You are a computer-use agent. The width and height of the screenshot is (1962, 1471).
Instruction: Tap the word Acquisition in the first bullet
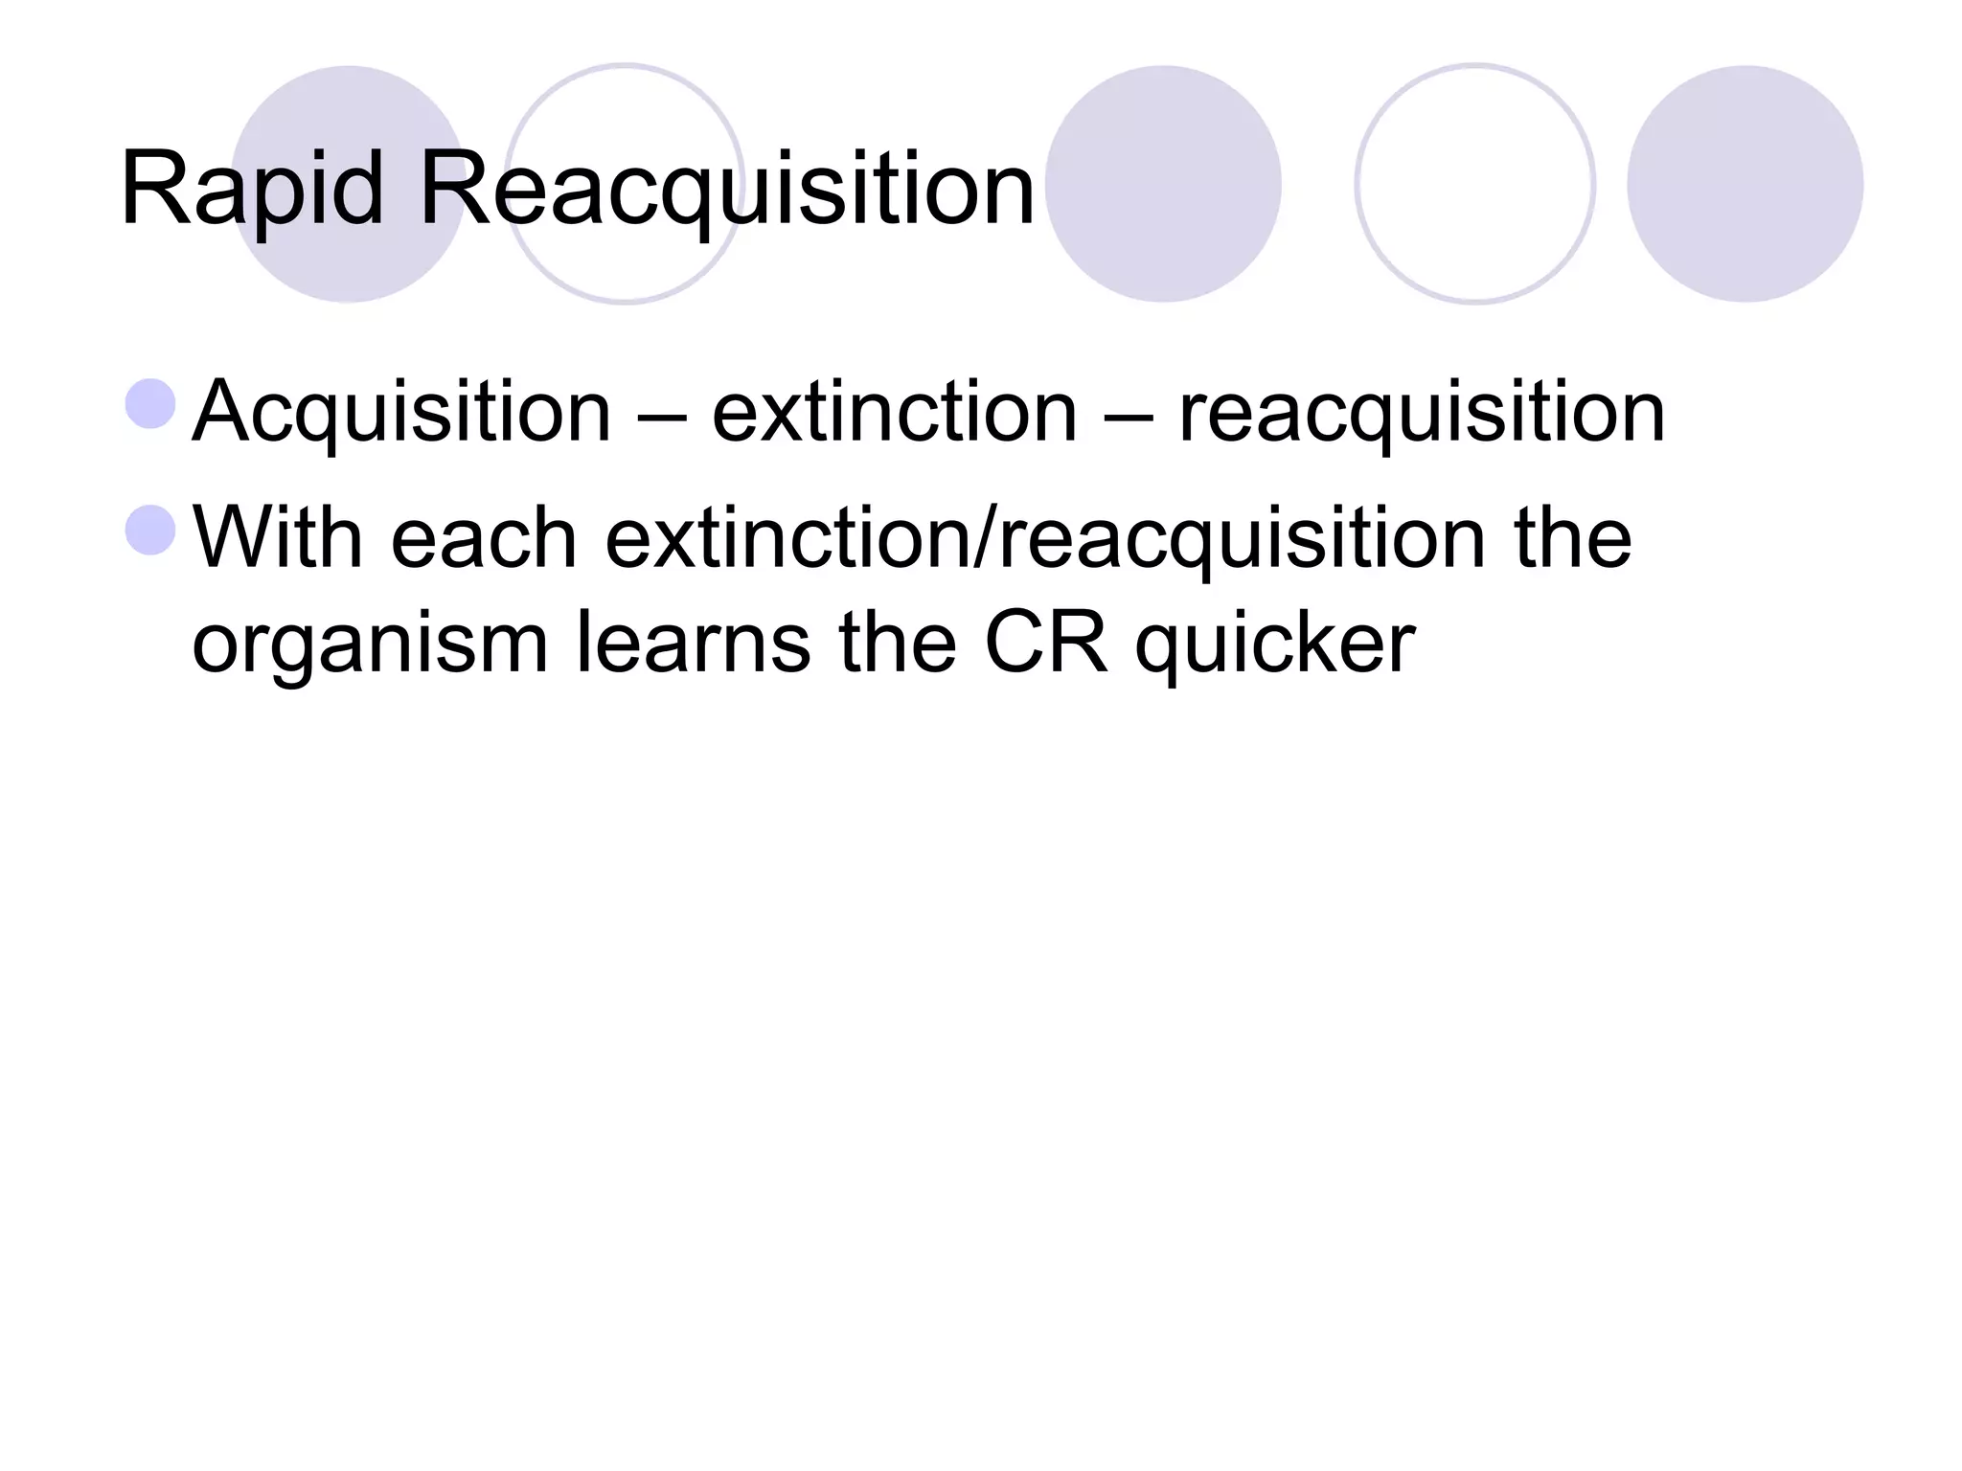pyautogui.click(x=401, y=413)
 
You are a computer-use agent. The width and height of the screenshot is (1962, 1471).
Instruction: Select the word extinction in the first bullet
pyautogui.click(x=894, y=413)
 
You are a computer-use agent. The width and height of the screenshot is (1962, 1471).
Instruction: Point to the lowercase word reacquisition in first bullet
pyautogui.click(x=1422, y=413)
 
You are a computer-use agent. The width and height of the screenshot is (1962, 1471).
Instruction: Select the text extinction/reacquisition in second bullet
pyautogui.click(x=1045, y=537)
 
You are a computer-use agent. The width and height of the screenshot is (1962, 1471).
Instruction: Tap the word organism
pyautogui.click(x=370, y=645)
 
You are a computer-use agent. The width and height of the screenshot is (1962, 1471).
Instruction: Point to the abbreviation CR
pyautogui.click(x=1046, y=643)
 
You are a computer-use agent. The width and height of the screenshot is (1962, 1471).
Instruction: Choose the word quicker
pyautogui.click(x=1274, y=645)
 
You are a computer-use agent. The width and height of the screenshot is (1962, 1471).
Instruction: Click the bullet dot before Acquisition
pyautogui.click(x=150, y=403)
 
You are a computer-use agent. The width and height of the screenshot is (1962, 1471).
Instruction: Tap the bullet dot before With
pyautogui.click(x=150, y=530)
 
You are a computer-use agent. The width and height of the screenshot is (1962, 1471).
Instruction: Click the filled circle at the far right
pyautogui.click(x=1745, y=184)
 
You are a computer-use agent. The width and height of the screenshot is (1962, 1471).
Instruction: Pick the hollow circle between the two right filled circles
pyautogui.click(x=1474, y=184)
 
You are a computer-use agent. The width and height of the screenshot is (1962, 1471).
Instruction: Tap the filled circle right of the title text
pyautogui.click(x=1163, y=184)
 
